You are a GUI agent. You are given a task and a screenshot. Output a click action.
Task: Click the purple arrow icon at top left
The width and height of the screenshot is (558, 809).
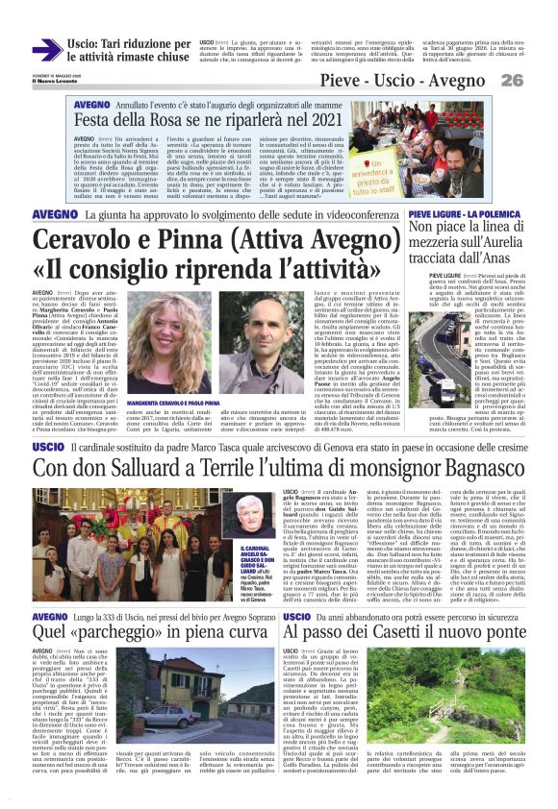pos(46,51)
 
